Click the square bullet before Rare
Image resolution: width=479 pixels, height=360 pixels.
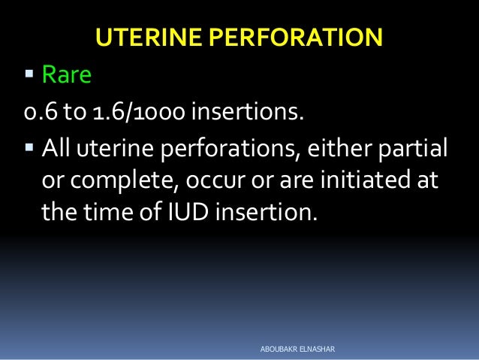point(29,74)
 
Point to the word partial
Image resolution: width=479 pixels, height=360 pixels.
point(412,148)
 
